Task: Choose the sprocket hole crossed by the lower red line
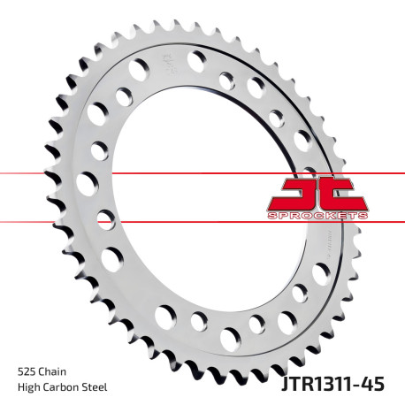[107, 218]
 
